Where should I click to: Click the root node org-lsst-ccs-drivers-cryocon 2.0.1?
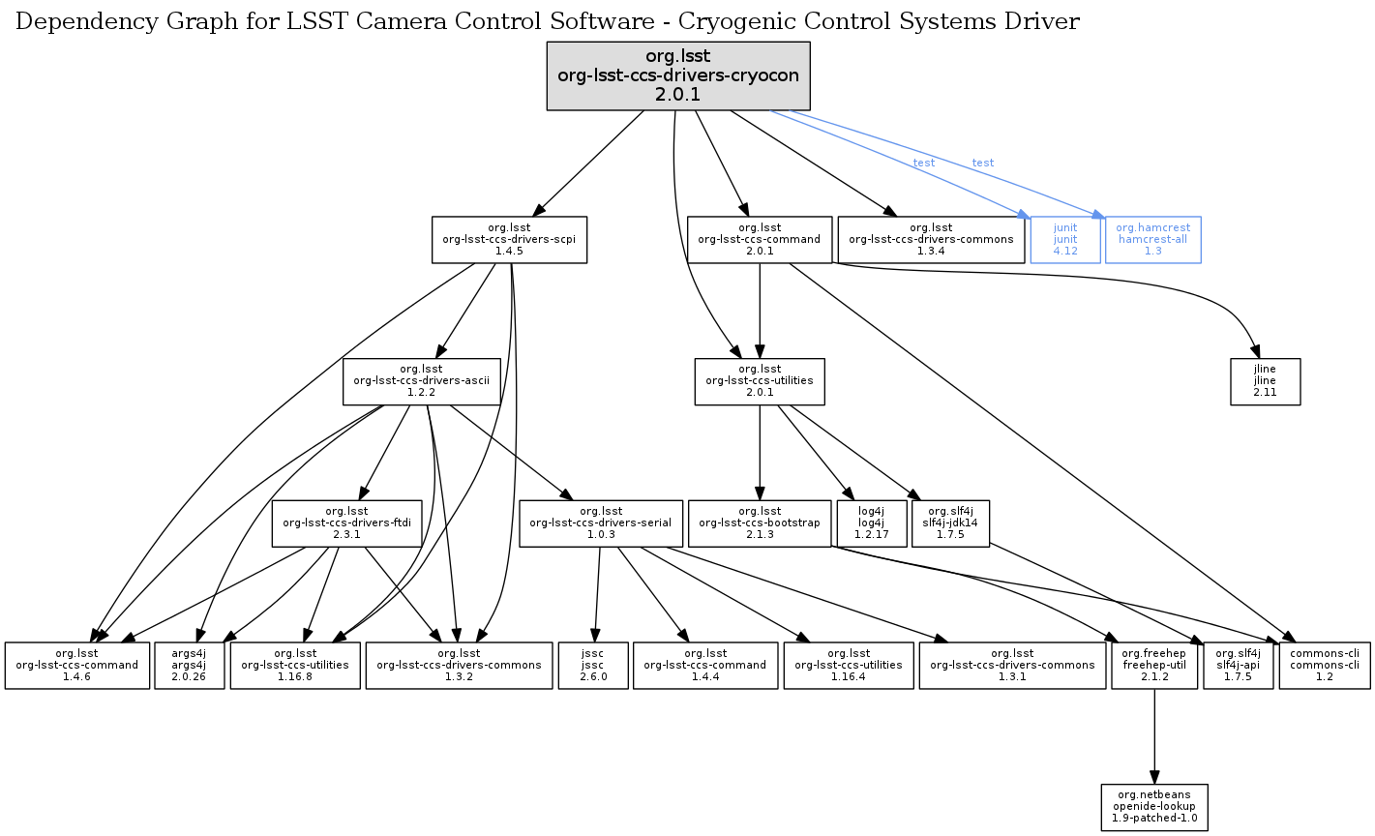click(677, 75)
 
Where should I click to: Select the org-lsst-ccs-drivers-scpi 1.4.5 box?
click(509, 239)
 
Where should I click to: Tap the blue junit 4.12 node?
click(1065, 239)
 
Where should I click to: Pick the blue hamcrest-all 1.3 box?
click(1152, 239)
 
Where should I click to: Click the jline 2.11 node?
click(1265, 381)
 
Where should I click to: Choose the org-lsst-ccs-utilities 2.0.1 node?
click(760, 381)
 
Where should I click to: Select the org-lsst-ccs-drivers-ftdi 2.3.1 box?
click(346, 522)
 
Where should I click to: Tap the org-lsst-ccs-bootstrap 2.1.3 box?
click(760, 522)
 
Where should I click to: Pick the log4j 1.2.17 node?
click(871, 522)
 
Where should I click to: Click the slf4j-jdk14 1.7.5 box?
click(950, 522)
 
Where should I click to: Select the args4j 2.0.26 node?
click(190, 665)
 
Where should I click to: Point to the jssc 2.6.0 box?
click(593, 665)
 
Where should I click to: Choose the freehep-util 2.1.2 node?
click(1154, 665)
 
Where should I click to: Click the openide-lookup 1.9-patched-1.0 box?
click(1154, 807)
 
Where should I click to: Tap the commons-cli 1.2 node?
click(1324, 665)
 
